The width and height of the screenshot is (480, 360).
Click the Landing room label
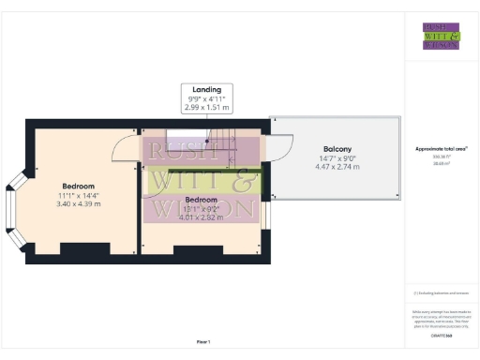[x=207, y=90]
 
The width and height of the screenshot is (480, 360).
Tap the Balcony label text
[x=337, y=149]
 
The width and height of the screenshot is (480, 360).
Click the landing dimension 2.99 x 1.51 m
[x=207, y=108]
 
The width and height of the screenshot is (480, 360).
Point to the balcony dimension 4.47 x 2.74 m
[x=337, y=167]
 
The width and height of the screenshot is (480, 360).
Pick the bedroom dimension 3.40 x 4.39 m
[x=78, y=202]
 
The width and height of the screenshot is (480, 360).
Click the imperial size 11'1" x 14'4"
[x=78, y=194]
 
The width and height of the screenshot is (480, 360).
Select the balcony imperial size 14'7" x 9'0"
[x=337, y=158]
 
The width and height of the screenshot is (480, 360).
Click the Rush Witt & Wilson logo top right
[x=441, y=35]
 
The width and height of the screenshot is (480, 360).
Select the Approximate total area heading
[x=442, y=148]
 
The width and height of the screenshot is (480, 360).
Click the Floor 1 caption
[x=203, y=341]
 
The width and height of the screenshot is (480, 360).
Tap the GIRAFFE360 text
[x=442, y=334]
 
